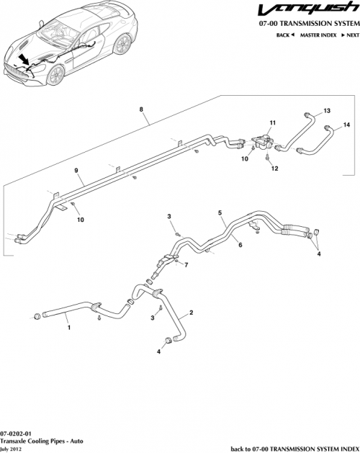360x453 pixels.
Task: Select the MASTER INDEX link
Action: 318,35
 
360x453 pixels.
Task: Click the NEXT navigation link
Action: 351,35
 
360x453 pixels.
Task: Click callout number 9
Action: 75,170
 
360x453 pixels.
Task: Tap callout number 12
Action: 274,168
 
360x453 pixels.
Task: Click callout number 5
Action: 221,213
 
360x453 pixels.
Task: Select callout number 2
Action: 191,313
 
